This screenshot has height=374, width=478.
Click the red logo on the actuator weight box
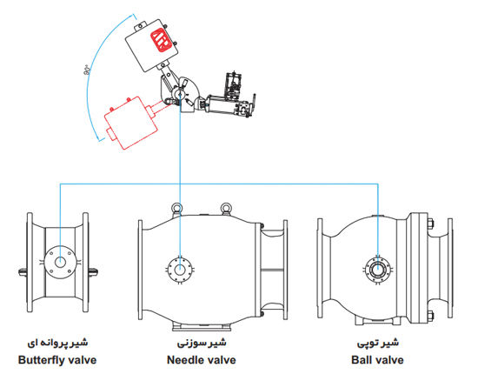coord(160,40)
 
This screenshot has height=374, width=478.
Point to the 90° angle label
coord(86,70)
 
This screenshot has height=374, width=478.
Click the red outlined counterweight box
coord(131,123)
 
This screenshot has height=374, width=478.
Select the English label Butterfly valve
coord(57,360)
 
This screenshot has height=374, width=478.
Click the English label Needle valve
coord(202,360)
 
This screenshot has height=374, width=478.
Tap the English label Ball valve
coord(377,360)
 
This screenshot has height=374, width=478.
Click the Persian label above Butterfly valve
coord(57,343)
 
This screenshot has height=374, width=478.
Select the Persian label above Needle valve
coord(202,343)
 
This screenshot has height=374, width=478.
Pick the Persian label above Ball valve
coord(378,343)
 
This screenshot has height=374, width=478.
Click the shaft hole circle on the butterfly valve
coord(60,263)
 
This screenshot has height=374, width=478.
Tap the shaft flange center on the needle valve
coord(180,270)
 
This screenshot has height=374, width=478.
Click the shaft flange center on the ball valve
coord(378,270)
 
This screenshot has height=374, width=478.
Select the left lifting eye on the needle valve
coord(176,210)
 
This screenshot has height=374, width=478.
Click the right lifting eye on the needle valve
coord(226,209)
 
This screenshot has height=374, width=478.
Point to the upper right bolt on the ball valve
coord(430,224)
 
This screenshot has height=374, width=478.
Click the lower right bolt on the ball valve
coord(430,316)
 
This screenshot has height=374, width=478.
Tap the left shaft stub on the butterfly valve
coord(23,271)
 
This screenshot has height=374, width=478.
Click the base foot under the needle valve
coord(202,327)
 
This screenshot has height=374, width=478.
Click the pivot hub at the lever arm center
coord(179,92)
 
